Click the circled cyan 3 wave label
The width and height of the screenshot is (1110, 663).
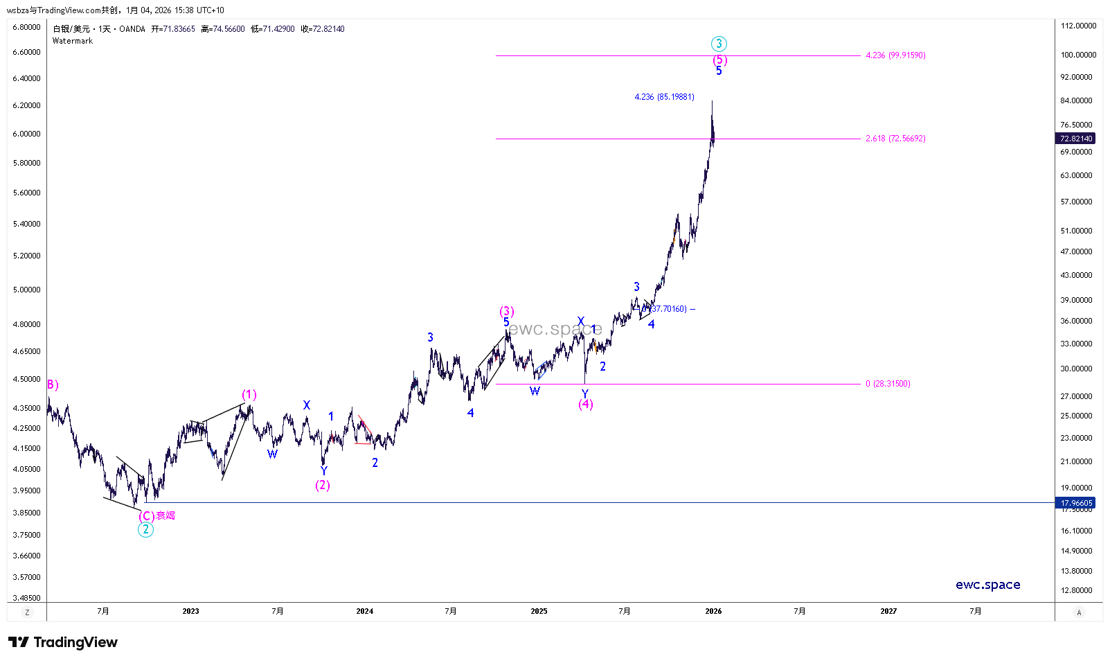coord(719,44)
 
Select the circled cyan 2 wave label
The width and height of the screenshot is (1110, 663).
coord(145,530)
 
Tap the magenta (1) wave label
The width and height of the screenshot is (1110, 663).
coord(249,395)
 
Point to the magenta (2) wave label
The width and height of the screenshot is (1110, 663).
coord(323,485)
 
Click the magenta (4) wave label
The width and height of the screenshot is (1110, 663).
coord(586,405)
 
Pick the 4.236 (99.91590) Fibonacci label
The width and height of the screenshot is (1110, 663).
coord(895,55)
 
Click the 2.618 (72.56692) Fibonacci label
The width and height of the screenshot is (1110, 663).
coord(895,139)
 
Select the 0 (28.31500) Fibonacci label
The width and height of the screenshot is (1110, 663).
coord(888,384)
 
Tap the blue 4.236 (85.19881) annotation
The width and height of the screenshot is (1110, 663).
coord(664,97)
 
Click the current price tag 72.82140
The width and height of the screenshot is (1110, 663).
coord(1076,139)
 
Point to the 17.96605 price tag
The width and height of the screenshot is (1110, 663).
coord(1076,503)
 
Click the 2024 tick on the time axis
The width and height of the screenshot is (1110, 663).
coord(364,611)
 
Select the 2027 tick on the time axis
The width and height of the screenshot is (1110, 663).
coord(888,611)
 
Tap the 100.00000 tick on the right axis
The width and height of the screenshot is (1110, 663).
coord(1078,55)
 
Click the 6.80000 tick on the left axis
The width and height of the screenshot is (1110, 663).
coord(26,27)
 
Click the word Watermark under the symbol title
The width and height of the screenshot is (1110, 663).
coord(73,41)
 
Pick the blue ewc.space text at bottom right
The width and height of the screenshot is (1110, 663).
coord(987,585)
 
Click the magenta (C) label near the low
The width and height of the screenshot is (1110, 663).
coord(146,516)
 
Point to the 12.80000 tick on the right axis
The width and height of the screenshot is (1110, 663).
coord(1077,590)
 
